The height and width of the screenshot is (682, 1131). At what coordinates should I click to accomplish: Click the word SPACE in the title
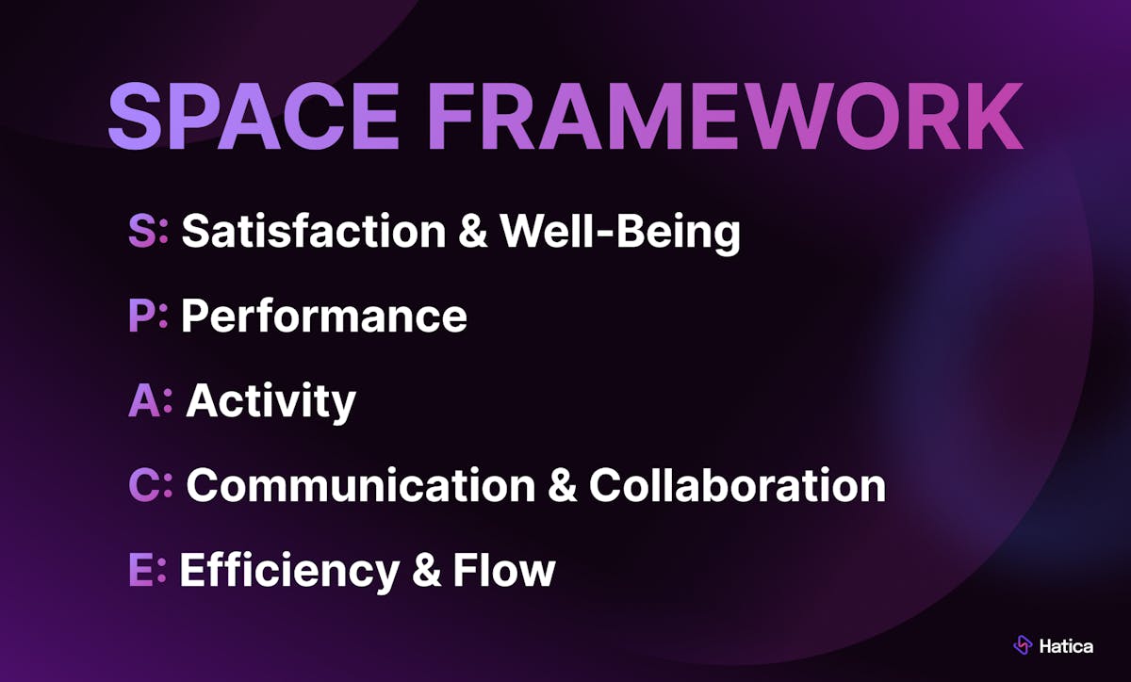coord(254,116)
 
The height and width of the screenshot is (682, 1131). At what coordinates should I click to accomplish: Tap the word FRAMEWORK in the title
coord(726,116)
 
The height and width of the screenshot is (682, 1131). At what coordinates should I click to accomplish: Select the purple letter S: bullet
coord(148,231)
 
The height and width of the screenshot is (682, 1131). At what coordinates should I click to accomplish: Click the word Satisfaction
coord(314,231)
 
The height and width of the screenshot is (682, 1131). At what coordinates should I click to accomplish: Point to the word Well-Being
coord(620,233)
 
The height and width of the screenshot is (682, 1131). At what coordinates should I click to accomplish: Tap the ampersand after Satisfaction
coord(473,231)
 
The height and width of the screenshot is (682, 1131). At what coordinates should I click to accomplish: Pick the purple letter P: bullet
coord(148,315)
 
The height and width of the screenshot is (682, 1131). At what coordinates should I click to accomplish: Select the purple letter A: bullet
coord(151,399)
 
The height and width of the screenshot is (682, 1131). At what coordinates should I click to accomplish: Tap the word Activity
coord(271,402)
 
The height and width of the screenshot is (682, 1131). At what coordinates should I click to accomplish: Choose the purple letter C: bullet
coord(151,484)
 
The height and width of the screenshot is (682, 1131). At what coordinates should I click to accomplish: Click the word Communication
coord(361,484)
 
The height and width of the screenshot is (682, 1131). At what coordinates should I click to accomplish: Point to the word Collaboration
coord(737,484)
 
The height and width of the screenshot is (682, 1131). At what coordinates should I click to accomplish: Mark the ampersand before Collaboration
coord(562,484)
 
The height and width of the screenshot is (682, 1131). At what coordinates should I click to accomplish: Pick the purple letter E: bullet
coord(147,569)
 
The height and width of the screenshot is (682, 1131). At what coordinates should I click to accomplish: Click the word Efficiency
coord(290,572)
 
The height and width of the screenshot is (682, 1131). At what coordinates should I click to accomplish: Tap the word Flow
coord(504,569)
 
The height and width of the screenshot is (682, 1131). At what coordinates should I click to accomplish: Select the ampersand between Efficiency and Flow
coord(427,569)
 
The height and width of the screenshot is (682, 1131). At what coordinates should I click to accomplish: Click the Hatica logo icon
coord(1023,644)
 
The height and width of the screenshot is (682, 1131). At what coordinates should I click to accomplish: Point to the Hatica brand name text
coord(1066,645)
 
